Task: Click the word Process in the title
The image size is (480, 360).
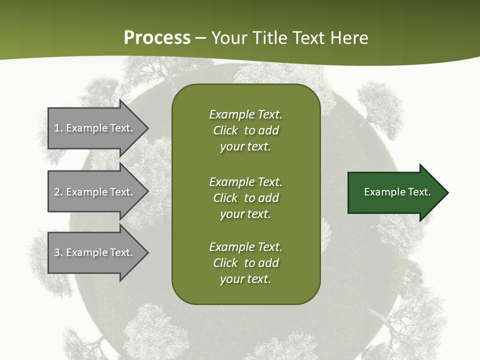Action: (x=157, y=38)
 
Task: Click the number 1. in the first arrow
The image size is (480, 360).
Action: (x=58, y=128)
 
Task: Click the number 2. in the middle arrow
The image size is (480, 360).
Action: (x=58, y=192)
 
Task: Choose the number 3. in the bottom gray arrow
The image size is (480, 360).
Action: (x=58, y=252)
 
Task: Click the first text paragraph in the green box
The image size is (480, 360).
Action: (x=245, y=130)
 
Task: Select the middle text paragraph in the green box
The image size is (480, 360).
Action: (x=245, y=197)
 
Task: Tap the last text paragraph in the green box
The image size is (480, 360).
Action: (x=245, y=263)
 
